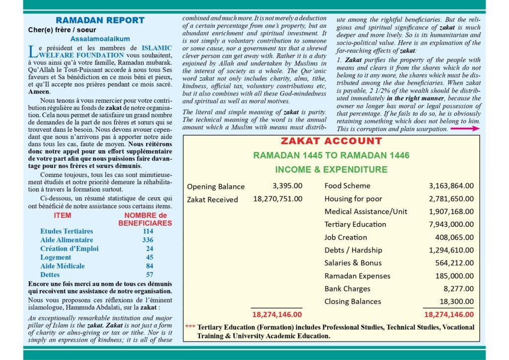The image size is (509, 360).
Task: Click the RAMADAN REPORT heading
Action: (x=100, y=20)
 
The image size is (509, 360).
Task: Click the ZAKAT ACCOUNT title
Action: (x=331, y=141)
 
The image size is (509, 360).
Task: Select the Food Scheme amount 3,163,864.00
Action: (x=451, y=186)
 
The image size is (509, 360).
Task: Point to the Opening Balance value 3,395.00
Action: (x=287, y=186)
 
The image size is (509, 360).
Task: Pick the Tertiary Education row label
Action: (x=355, y=224)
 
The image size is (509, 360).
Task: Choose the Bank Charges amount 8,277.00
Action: (x=460, y=289)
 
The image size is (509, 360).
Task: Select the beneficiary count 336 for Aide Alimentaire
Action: (x=148, y=240)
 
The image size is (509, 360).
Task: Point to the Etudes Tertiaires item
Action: (x=67, y=232)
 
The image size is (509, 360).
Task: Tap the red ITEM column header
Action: (x=63, y=216)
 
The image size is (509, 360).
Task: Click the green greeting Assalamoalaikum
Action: (x=100, y=38)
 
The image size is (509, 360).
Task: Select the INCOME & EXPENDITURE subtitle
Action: (x=331, y=170)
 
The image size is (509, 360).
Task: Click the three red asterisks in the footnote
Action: (x=190, y=327)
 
